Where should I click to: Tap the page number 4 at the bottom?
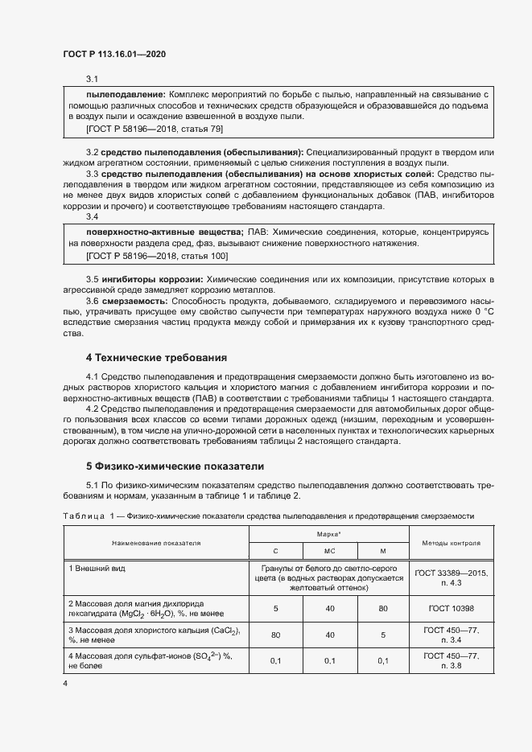65,682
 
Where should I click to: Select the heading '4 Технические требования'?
157,356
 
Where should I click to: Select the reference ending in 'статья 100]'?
157,255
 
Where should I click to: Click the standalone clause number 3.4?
93,216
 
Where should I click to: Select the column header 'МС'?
329,551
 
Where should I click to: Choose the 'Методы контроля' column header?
452,543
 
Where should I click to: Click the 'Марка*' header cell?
329,533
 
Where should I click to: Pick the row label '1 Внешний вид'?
97,568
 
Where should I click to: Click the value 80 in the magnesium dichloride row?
383,608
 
